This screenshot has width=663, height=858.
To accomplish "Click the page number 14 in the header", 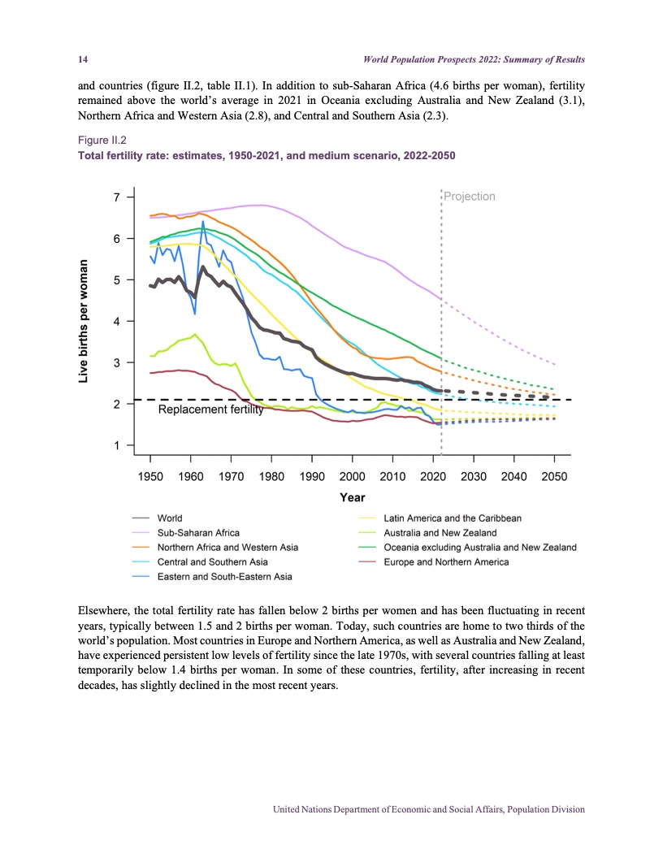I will (81, 60).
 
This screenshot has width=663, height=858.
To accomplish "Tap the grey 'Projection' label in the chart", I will (470, 197).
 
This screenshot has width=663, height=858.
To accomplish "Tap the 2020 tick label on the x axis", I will (433, 476).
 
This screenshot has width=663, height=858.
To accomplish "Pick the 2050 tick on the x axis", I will (554, 476).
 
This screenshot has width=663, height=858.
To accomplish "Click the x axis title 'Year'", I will (353, 497).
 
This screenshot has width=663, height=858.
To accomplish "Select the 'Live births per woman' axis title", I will (84, 321).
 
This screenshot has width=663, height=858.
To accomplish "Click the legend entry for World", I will (170, 518).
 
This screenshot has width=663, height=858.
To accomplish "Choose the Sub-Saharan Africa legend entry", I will (198, 533).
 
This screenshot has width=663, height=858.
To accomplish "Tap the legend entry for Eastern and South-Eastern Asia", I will (224, 577).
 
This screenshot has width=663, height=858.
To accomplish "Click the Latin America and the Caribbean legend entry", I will (452, 518).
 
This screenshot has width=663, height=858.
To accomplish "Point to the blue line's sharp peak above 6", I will (202, 222).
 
